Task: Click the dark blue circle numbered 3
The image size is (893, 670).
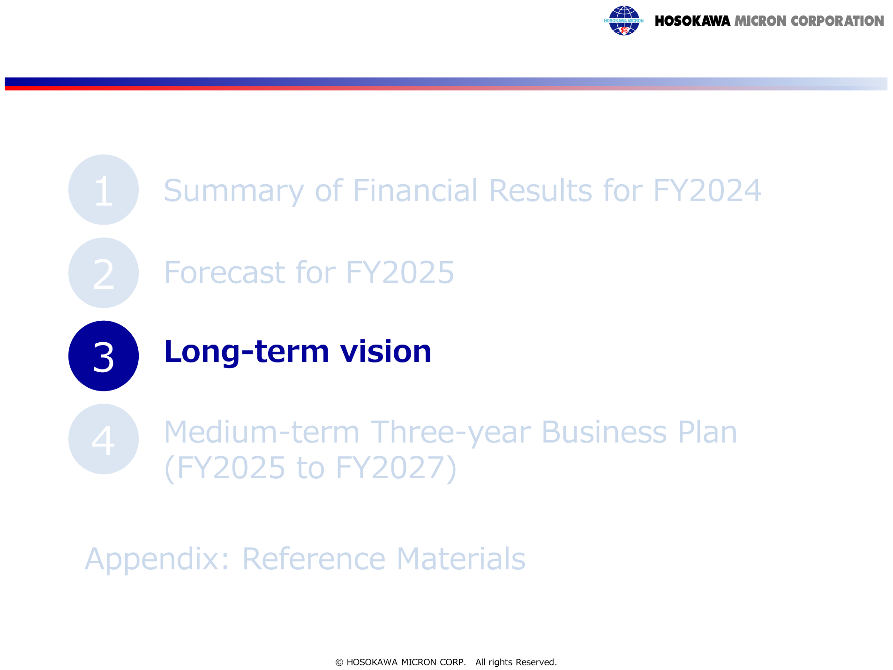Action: [104, 356]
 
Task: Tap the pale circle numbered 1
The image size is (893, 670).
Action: [104, 190]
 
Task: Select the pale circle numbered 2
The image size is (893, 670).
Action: [104, 273]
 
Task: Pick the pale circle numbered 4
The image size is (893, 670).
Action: [104, 439]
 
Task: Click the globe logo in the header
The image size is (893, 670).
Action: [624, 21]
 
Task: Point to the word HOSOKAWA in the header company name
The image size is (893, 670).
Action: [692, 21]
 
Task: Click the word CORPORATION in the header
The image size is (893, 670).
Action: [837, 21]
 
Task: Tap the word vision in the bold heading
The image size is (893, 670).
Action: [386, 352]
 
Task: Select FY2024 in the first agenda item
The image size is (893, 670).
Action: [707, 191]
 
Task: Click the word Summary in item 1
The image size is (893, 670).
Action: [234, 191]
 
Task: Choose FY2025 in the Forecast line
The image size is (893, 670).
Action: [400, 273]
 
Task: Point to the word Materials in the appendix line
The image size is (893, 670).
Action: [461, 558]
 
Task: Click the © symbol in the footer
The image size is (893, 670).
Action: [339, 662]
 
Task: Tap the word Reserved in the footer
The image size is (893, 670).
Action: [536, 662]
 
